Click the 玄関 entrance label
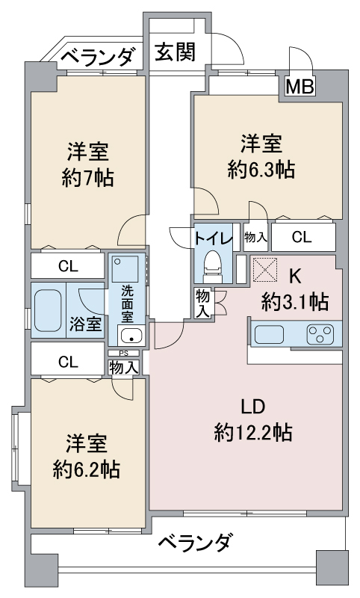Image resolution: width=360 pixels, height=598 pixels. pyautogui.click(x=176, y=52)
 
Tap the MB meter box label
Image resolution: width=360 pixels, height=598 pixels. pyautogui.click(x=300, y=87)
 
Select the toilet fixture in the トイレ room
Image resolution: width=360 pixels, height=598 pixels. pyautogui.click(x=213, y=266)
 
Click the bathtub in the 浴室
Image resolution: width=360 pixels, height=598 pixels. pyautogui.click(x=48, y=310)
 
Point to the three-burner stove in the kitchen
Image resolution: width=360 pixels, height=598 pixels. pyautogui.click(x=319, y=333)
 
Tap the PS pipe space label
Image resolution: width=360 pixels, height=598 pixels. pyautogui.click(x=123, y=353)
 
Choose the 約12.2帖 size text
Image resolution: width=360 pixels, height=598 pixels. pyautogui.click(x=253, y=433)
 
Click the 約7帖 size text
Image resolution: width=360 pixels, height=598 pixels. pyautogui.click(x=88, y=177)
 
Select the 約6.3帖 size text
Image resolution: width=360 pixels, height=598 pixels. pyautogui.click(x=261, y=169)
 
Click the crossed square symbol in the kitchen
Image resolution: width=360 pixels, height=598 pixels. pyautogui.click(x=264, y=269)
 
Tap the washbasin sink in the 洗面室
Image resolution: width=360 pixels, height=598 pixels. pyautogui.click(x=131, y=336)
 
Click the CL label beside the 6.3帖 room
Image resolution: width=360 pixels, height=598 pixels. pyautogui.click(x=301, y=237)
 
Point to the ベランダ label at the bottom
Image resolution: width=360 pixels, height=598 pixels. pyautogui.click(x=195, y=542)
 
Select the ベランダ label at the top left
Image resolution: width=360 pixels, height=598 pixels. pyautogui.click(x=98, y=56)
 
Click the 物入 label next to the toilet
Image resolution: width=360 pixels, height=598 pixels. pyautogui.click(x=255, y=238)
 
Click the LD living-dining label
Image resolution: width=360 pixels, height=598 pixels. pyautogui.click(x=253, y=407)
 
